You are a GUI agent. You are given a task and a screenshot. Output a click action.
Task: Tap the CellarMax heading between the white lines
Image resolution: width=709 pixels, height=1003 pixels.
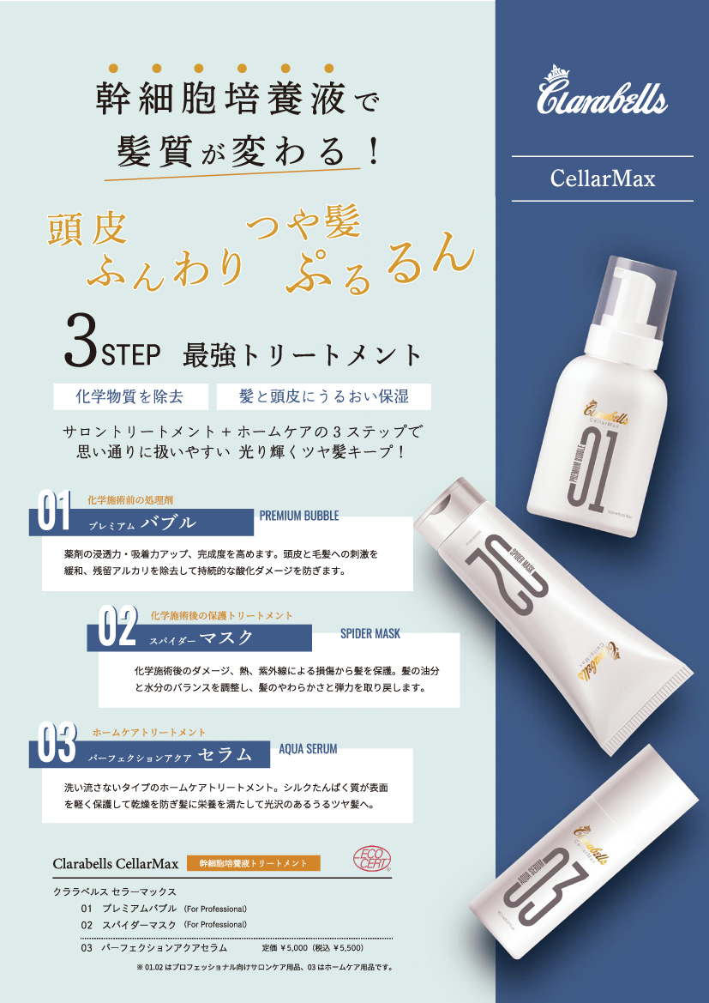[x=602, y=178]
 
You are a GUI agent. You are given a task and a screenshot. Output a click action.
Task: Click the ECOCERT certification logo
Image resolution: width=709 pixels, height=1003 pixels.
[x=371, y=861]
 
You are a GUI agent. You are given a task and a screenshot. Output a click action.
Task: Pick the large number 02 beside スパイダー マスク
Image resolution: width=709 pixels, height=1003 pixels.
[x=117, y=630]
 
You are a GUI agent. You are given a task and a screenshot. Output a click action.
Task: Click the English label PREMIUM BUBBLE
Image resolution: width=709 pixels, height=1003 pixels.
[x=299, y=516]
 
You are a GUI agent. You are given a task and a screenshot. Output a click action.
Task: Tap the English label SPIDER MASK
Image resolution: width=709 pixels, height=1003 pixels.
[x=370, y=633]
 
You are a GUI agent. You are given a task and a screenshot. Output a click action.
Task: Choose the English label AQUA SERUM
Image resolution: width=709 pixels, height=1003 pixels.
[x=309, y=748]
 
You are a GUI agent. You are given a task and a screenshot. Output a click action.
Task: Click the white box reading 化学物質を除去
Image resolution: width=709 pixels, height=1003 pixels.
[x=129, y=396]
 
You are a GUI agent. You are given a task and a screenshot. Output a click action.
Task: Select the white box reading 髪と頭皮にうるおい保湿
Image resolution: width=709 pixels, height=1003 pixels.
[x=323, y=396]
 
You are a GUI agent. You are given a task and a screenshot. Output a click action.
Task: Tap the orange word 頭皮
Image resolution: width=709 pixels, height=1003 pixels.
[x=87, y=229]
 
